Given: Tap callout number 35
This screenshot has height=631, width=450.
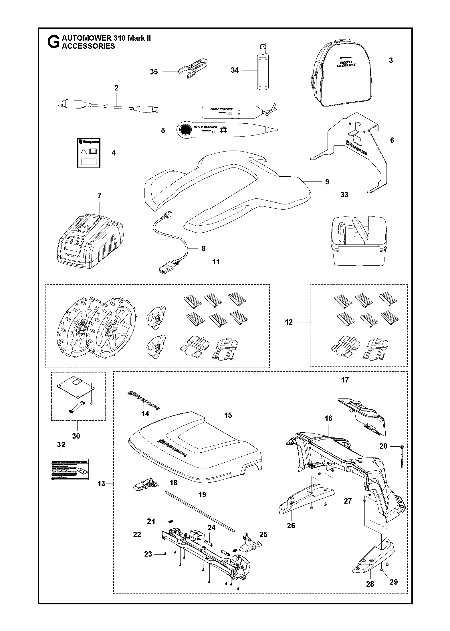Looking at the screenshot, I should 154,72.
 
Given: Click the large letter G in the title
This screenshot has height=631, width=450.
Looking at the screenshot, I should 53,42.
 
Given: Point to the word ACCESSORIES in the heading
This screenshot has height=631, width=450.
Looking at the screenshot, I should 88,46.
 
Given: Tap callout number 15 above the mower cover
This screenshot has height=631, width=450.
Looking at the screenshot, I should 228,415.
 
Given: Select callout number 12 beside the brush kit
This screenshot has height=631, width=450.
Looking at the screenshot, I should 289,322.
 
